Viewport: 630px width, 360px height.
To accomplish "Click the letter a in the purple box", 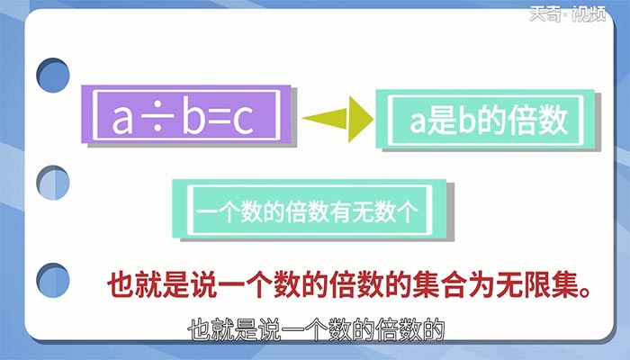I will point(122,121).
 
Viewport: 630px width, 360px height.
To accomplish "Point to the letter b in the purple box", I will point(188,120).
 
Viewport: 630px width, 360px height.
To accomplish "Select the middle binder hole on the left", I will point(53,183).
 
